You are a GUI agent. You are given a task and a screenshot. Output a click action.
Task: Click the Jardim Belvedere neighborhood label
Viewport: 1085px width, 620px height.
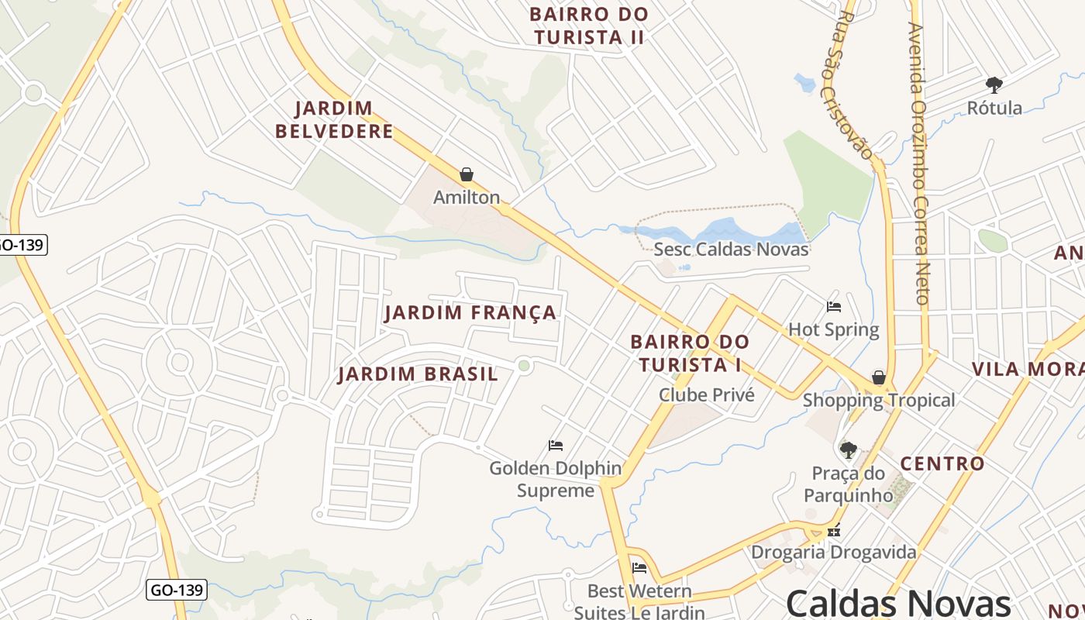[x=334, y=120]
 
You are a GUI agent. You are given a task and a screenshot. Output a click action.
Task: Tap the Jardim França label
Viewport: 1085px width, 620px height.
[x=470, y=312]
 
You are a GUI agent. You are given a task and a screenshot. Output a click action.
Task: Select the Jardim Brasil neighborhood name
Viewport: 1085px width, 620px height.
[x=418, y=374]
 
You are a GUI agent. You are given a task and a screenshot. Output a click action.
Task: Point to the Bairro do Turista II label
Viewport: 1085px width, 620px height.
[x=589, y=26]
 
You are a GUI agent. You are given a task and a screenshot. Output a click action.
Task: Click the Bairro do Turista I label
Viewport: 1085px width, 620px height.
[x=690, y=353]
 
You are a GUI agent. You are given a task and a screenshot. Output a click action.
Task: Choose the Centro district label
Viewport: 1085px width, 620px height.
[x=942, y=464]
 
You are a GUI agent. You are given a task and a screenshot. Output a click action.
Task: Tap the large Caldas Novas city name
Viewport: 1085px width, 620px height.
[x=898, y=603]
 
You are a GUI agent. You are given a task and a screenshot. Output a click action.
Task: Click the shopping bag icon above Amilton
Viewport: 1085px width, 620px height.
[x=467, y=174]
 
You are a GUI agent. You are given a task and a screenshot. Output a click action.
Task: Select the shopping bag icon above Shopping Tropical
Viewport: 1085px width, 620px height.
[x=878, y=377]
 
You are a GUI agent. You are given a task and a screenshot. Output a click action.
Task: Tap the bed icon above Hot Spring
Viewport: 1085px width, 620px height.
[x=834, y=307]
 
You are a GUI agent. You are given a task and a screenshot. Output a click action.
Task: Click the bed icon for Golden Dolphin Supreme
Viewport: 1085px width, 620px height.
[x=556, y=446]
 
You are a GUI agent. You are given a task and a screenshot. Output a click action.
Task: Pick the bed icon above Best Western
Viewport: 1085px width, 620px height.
[x=639, y=568]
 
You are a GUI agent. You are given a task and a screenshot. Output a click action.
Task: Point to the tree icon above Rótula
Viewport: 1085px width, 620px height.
[x=994, y=84]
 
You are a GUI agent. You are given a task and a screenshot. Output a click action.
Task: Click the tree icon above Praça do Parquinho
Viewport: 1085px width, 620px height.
[x=849, y=449]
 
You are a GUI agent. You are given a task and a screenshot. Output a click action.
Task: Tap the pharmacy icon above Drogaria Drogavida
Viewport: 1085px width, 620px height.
[x=834, y=532]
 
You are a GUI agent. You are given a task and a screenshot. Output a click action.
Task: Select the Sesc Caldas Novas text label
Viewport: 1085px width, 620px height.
[x=731, y=250]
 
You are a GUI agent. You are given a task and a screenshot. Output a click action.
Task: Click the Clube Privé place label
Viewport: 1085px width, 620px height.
[x=706, y=394]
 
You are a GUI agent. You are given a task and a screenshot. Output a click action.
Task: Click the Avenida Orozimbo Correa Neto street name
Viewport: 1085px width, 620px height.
[x=919, y=163]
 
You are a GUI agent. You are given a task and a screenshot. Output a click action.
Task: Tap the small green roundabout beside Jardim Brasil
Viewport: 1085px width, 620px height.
[x=524, y=365]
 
